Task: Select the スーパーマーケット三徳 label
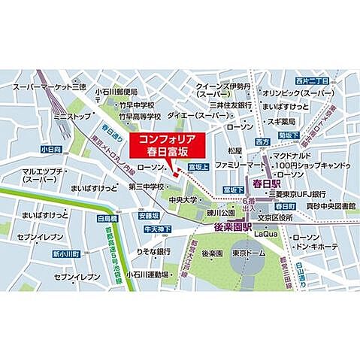tap(49, 87)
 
